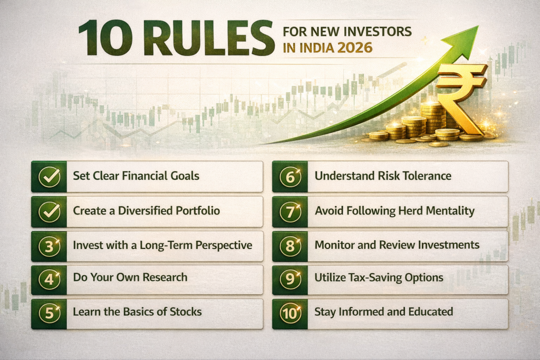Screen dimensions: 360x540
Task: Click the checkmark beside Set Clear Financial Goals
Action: coord(50,177)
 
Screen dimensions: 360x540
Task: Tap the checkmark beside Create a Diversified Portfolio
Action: coord(50,211)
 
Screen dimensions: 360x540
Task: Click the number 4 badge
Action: coord(50,280)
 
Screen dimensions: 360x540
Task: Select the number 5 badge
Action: coord(50,314)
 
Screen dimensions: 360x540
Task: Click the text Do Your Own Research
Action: coord(130,277)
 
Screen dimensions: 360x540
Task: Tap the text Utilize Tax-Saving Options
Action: coord(379,277)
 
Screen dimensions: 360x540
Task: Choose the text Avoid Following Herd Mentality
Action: coord(394,211)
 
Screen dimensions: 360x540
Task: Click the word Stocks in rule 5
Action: coord(184,312)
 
